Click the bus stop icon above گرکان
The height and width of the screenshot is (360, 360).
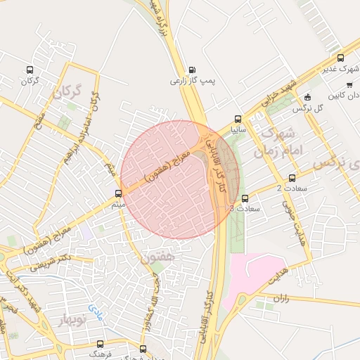[29, 70]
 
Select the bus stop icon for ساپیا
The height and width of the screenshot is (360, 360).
[237, 120]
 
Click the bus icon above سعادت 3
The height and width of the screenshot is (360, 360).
[245, 198]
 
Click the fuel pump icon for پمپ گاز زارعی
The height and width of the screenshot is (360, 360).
[193, 70]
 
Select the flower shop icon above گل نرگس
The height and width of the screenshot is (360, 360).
[307, 98]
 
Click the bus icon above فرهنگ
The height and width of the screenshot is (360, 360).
[99, 344]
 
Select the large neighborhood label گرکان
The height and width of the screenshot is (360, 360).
[67, 92]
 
